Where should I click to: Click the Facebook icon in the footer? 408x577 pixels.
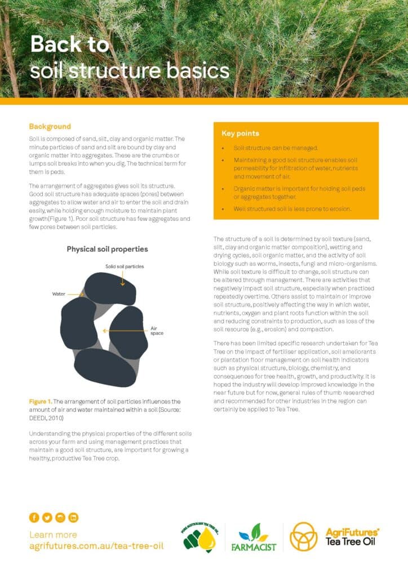[x=34, y=517]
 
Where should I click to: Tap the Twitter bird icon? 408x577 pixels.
[x=47, y=517]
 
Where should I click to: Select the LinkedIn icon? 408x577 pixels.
[x=73, y=517]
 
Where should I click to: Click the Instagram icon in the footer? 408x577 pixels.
[x=60, y=517]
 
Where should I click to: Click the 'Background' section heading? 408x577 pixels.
[x=50, y=126]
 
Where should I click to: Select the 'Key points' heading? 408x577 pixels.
[x=240, y=134]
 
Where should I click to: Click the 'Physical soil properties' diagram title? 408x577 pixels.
[x=108, y=249]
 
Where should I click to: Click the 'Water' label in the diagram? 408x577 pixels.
[x=59, y=294]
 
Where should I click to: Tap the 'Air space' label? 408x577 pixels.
[x=157, y=331]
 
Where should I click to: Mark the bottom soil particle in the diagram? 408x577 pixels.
[x=105, y=368]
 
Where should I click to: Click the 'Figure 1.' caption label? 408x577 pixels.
[x=41, y=401]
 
